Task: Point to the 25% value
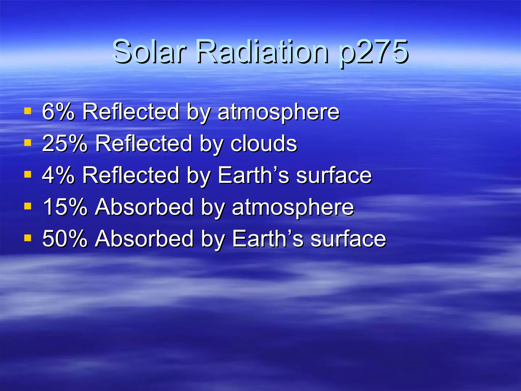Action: tap(65, 143)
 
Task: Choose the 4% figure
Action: tap(58, 175)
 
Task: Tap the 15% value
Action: tap(65, 207)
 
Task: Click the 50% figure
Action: tap(65, 239)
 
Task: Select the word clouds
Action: tap(264, 143)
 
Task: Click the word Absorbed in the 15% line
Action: tap(144, 207)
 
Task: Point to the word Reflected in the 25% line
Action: tap(143, 143)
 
